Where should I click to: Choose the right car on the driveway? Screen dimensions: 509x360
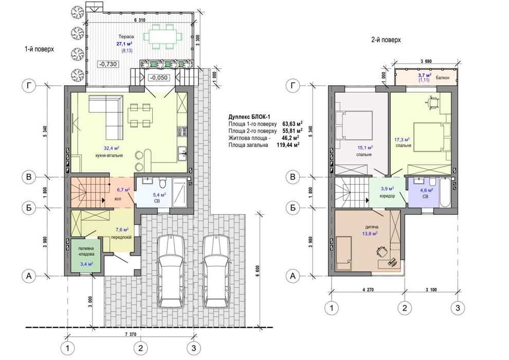click(216, 272)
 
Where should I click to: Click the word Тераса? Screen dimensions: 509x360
click(126, 37)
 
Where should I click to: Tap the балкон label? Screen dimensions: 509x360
click(443, 78)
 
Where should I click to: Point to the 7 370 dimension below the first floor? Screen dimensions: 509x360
click(131, 334)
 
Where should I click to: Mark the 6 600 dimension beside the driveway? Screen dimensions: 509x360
click(258, 269)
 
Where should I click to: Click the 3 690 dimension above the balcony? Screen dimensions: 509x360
click(426, 61)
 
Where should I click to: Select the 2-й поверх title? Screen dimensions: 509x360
click(386, 40)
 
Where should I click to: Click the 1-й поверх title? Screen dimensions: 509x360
click(39, 49)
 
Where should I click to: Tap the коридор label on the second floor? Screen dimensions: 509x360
click(387, 196)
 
